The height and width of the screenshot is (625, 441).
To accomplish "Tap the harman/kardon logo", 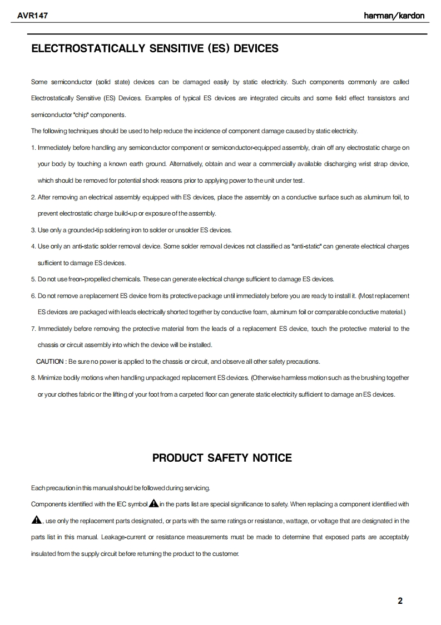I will [x=394, y=16].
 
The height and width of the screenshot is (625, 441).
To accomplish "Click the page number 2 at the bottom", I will [x=400, y=600].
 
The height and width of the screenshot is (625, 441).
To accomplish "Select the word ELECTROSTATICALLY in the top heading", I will [x=87, y=48].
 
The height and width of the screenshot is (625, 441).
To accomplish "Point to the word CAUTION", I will [x=50, y=362].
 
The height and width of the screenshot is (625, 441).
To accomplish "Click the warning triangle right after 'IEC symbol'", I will [x=153, y=504].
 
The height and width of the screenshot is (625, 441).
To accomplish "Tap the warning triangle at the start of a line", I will [x=37, y=521].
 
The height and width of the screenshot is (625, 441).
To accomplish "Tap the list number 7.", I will [x=33, y=329].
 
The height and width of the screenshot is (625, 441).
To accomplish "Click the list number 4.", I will [x=33, y=246].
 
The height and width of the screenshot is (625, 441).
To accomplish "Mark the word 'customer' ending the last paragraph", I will [x=225, y=554].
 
